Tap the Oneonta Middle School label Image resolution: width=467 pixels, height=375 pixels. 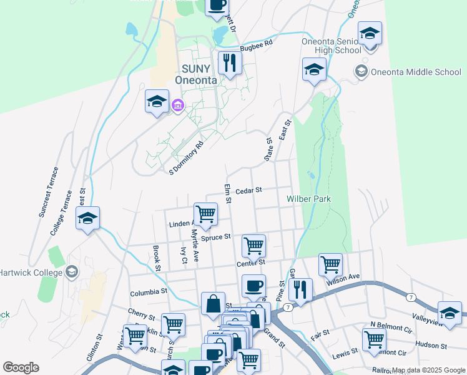[x=415, y=72]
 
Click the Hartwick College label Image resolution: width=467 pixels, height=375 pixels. [x=31, y=272]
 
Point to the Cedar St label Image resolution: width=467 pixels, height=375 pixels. [x=248, y=190]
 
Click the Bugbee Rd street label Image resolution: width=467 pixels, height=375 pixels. [x=257, y=46]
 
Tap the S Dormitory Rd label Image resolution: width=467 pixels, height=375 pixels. [x=187, y=157]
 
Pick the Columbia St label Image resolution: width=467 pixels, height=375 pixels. [x=149, y=292]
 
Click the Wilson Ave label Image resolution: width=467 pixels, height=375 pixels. [x=343, y=277]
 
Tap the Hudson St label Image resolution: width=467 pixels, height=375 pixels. [x=431, y=345]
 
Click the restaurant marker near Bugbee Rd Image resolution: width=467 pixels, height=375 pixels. [x=230, y=62]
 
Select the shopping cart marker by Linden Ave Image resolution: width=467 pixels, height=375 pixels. [x=205, y=214]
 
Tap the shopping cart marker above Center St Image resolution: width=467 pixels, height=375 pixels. [x=253, y=246]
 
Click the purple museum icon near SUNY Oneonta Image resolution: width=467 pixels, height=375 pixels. [x=177, y=105]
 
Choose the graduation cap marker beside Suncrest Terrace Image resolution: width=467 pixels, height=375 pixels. [x=88, y=218]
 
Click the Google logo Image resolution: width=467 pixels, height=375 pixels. [x=21, y=367]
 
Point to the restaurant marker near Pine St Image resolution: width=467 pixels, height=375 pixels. [x=300, y=289]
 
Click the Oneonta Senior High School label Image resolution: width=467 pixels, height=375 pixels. [x=331, y=46]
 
